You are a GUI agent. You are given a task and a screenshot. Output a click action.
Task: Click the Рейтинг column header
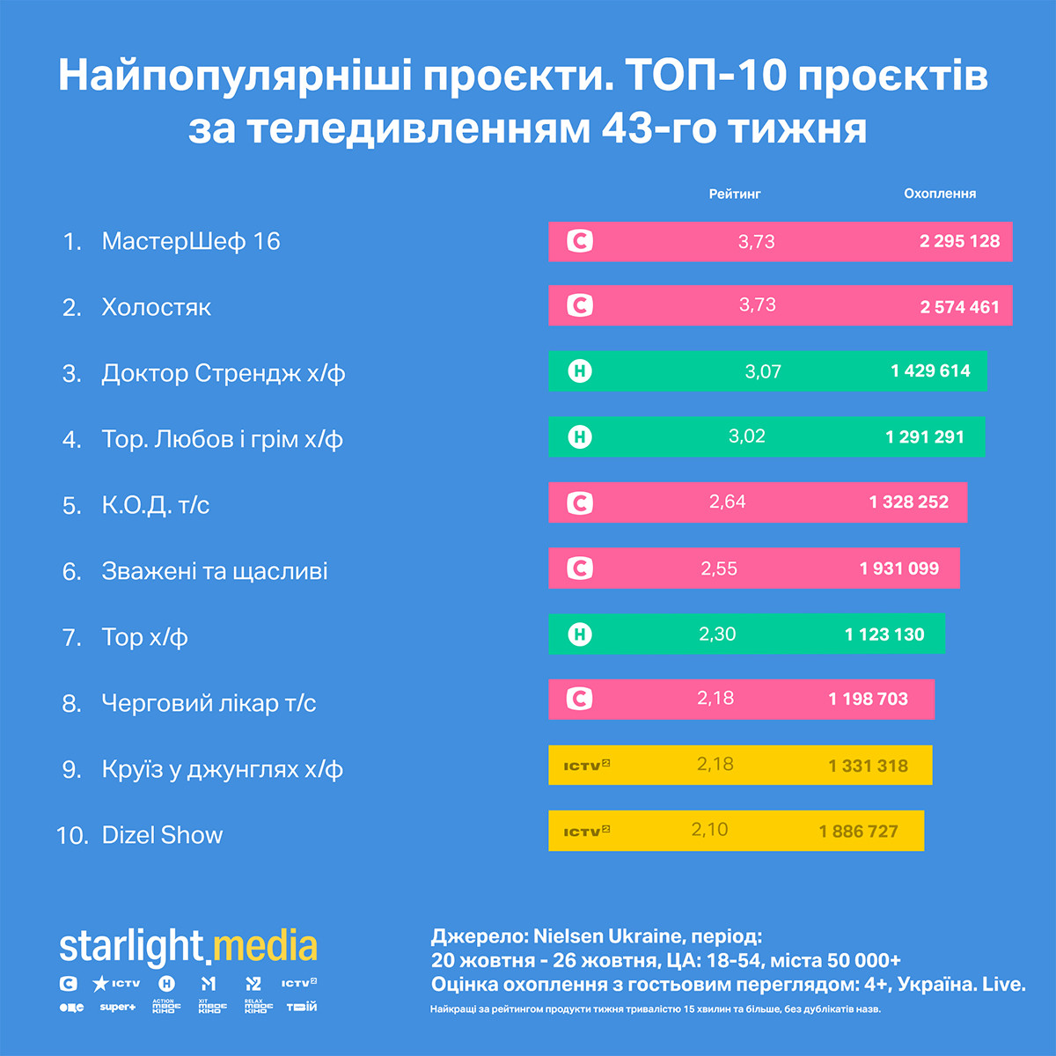[735, 194]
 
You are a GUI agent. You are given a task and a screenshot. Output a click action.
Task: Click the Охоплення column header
[940, 194]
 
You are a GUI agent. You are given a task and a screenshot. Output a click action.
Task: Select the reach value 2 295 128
[959, 241]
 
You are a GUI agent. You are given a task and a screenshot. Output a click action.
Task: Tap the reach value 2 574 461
[959, 307]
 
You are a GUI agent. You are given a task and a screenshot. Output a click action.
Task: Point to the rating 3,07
[763, 371]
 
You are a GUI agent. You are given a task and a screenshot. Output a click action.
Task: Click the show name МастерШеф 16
[191, 241]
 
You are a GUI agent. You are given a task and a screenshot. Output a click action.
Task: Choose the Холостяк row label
[157, 307]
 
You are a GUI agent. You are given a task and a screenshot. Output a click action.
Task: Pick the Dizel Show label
[163, 835]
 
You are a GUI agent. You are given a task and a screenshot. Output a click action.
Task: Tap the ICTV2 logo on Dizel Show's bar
[587, 831]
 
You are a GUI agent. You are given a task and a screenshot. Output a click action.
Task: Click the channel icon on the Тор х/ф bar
[580, 634]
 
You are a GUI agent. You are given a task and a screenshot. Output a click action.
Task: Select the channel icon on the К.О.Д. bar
[580, 503]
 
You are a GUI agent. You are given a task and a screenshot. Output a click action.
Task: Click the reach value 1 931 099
[899, 568]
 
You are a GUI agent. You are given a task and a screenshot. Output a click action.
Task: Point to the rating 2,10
[709, 830]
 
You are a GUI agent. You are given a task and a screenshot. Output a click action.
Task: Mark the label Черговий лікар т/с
[209, 703]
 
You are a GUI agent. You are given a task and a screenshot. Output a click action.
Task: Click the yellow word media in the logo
[265, 947]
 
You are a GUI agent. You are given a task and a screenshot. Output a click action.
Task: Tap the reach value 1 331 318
[868, 766]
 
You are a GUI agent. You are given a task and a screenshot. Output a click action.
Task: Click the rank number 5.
[71, 506]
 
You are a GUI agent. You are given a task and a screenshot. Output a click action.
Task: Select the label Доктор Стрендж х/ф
[224, 373]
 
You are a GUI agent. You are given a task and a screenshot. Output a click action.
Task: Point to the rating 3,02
[747, 436]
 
